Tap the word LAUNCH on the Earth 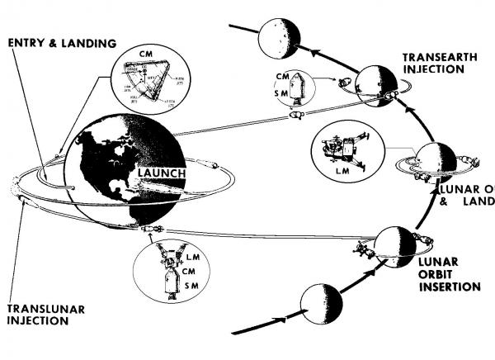coord(163,173)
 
